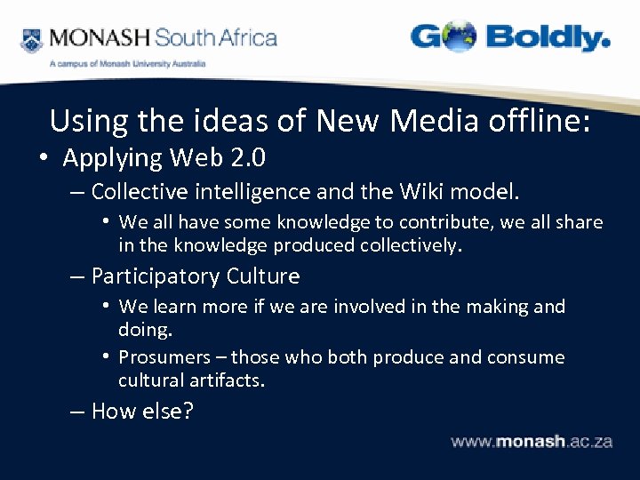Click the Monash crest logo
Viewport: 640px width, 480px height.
pos(31,40)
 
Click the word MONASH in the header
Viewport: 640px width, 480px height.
pos(99,38)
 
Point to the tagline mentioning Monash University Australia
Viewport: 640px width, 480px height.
pos(127,64)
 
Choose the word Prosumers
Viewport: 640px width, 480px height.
pos(172,357)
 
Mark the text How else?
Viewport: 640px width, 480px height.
pos(142,412)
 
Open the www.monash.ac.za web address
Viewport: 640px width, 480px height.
pos(532,442)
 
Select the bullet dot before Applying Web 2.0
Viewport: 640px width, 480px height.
pos(43,158)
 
